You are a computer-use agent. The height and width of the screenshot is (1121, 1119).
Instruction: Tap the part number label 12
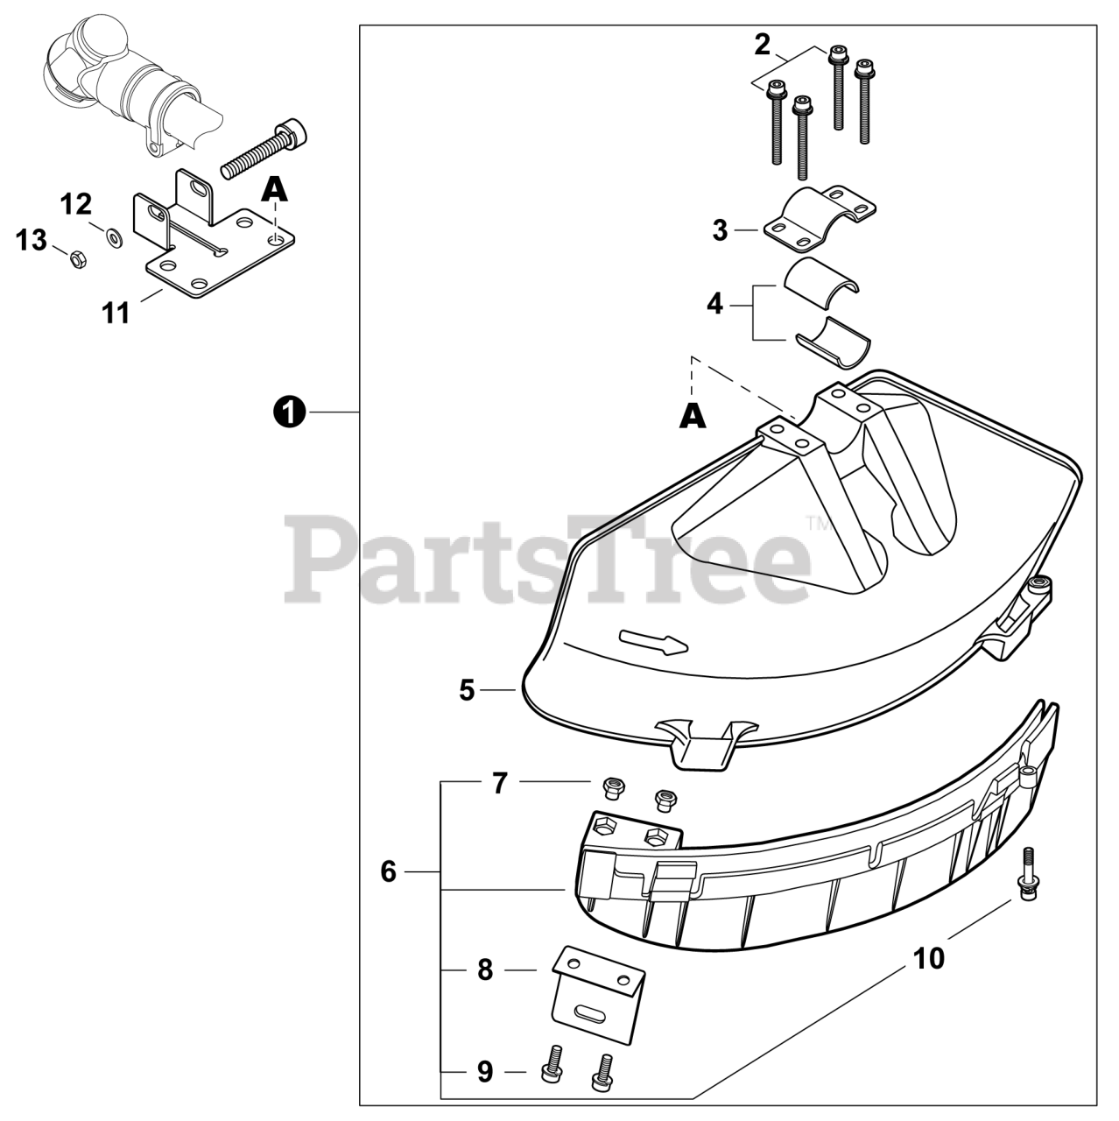coord(76,205)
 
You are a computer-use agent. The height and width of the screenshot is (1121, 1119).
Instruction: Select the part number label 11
coord(116,313)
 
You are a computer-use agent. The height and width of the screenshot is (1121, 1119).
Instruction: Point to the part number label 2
coord(762,45)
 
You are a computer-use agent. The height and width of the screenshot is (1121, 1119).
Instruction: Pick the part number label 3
coord(720,230)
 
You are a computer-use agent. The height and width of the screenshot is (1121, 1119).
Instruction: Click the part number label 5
coord(467,690)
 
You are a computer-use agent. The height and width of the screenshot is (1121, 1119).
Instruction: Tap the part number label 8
coord(485,970)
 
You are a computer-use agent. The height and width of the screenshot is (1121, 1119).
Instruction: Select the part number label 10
coord(929,959)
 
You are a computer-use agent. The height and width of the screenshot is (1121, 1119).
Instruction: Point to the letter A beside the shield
coord(693,419)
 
